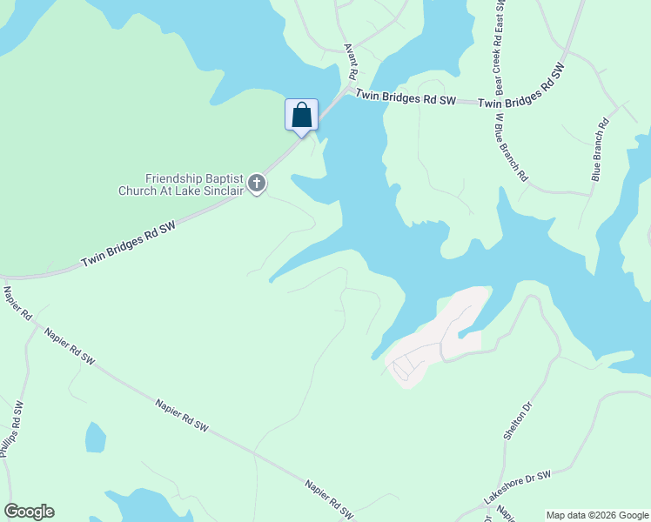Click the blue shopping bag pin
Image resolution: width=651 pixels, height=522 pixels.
point(301,115)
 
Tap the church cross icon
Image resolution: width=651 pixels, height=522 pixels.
point(256,183)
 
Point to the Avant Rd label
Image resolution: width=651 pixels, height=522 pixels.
point(351,60)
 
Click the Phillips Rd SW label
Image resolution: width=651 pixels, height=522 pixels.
point(11,429)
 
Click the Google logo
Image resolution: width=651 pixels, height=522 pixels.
point(29,512)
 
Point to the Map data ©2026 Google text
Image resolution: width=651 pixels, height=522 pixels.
point(597,515)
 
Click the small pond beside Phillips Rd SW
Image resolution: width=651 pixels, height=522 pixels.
point(95,437)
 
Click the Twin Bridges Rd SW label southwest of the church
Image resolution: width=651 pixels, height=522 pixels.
point(129,244)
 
